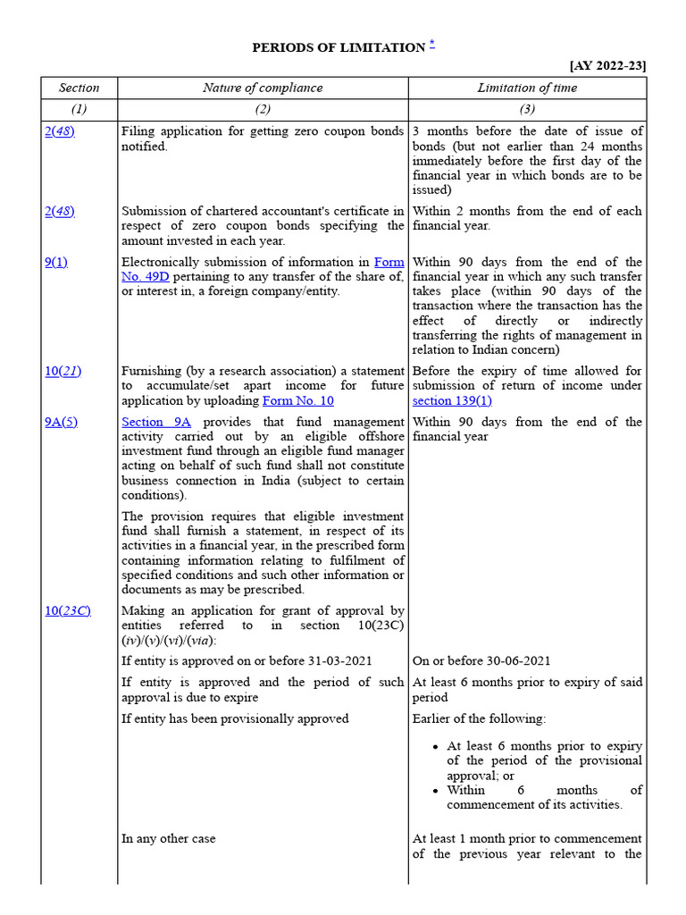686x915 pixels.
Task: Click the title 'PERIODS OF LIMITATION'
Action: (x=338, y=47)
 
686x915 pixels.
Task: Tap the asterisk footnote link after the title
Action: (x=431, y=46)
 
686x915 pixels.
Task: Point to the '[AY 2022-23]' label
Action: (x=607, y=65)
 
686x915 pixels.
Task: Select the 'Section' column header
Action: (x=79, y=88)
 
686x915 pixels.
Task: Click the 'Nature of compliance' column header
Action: (x=263, y=88)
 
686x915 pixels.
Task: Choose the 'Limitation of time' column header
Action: (x=527, y=88)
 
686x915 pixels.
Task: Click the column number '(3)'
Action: (x=527, y=109)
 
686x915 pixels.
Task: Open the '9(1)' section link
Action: (x=55, y=262)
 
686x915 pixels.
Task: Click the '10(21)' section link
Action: (x=63, y=371)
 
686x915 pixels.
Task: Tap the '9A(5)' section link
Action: (x=61, y=422)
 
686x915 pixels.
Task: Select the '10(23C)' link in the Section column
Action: (x=67, y=610)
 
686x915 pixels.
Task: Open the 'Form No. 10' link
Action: (x=297, y=400)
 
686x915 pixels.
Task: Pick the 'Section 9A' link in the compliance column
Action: (x=156, y=422)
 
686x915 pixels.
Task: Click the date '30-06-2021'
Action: (x=515, y=660)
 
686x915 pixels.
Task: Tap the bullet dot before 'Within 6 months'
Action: (x=435, y=791)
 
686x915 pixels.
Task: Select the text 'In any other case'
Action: (x=168, y=838)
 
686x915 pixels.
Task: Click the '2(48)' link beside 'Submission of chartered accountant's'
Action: (x=59, y=211)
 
